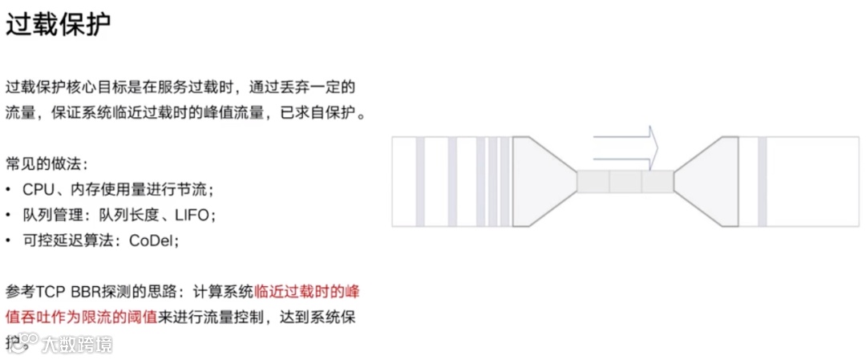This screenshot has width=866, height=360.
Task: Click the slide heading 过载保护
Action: pos(58,24)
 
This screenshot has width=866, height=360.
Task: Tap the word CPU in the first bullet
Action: pos(38,190)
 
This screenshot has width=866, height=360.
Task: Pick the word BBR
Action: pos(85,291)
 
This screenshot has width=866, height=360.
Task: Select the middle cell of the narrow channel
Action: pos(625,182)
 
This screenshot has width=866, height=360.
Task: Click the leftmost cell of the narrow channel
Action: pos(593,182)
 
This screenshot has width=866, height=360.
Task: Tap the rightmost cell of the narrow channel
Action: pos(658,182)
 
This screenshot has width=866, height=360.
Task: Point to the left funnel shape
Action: pos(544,182)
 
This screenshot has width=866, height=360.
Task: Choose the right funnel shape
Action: pos(706,182)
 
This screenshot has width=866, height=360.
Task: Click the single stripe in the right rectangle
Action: pos(762,182)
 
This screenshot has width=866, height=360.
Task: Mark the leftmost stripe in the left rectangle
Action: pos(419,182)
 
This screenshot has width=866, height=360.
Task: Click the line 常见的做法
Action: pos(47,164)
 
